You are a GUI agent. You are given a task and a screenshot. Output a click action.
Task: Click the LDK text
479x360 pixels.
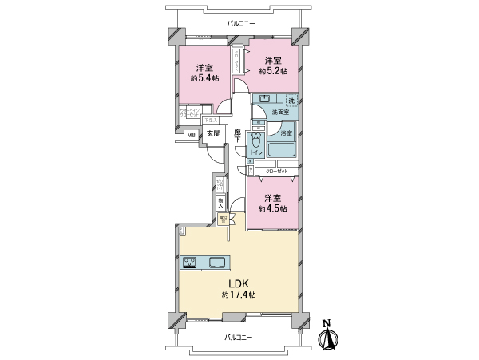point(239,283)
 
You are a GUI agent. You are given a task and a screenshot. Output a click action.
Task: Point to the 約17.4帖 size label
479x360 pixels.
point(239,295)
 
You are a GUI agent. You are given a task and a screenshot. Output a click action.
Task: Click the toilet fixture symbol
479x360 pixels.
point(257,140)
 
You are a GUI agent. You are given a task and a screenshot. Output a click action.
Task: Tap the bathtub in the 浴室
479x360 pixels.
point(283,151)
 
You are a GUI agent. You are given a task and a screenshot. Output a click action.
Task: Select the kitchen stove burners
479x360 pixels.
point(190,263)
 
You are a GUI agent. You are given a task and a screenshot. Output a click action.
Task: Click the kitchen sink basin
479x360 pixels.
point(217,263)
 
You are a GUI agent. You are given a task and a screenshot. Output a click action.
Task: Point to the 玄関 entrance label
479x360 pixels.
point(213,135)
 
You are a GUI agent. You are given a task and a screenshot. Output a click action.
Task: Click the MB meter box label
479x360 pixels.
point(191,136)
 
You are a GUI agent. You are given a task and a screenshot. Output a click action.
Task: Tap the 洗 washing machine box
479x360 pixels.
point(291,101)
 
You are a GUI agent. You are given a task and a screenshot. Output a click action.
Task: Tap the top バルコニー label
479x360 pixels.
point(239,24)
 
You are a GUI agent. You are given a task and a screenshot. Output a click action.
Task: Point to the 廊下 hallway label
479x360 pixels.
point(238,136)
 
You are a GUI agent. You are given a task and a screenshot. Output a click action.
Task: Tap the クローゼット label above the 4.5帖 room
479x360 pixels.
point(275,171)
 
